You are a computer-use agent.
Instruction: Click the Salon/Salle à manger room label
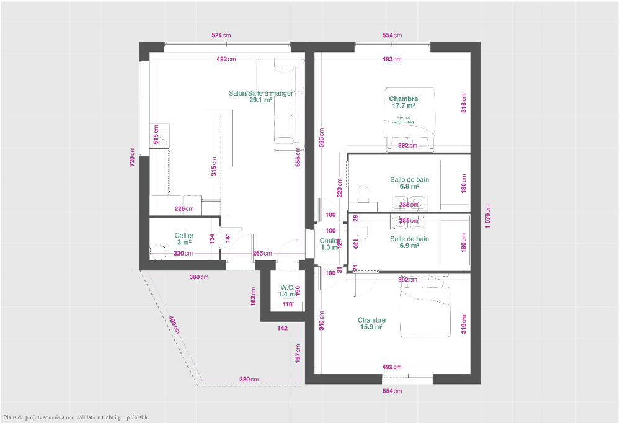260,96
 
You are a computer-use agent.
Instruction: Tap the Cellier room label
184,239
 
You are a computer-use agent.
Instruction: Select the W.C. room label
287,291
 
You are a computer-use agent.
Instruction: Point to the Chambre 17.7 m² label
403,102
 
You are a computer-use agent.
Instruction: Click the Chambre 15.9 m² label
371,323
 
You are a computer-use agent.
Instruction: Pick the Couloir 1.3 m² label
329,244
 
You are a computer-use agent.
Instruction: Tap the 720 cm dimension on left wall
132,157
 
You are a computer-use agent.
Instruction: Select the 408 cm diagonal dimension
174,324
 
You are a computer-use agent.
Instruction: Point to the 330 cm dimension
249,379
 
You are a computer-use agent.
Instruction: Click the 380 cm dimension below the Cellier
198,277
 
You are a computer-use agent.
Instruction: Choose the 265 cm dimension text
262,253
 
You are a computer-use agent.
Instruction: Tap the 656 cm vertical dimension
298,158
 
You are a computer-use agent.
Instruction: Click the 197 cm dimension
298,354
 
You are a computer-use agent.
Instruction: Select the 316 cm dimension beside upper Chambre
463,103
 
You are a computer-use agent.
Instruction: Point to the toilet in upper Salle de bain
365,194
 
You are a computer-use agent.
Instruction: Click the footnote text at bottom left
76,417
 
